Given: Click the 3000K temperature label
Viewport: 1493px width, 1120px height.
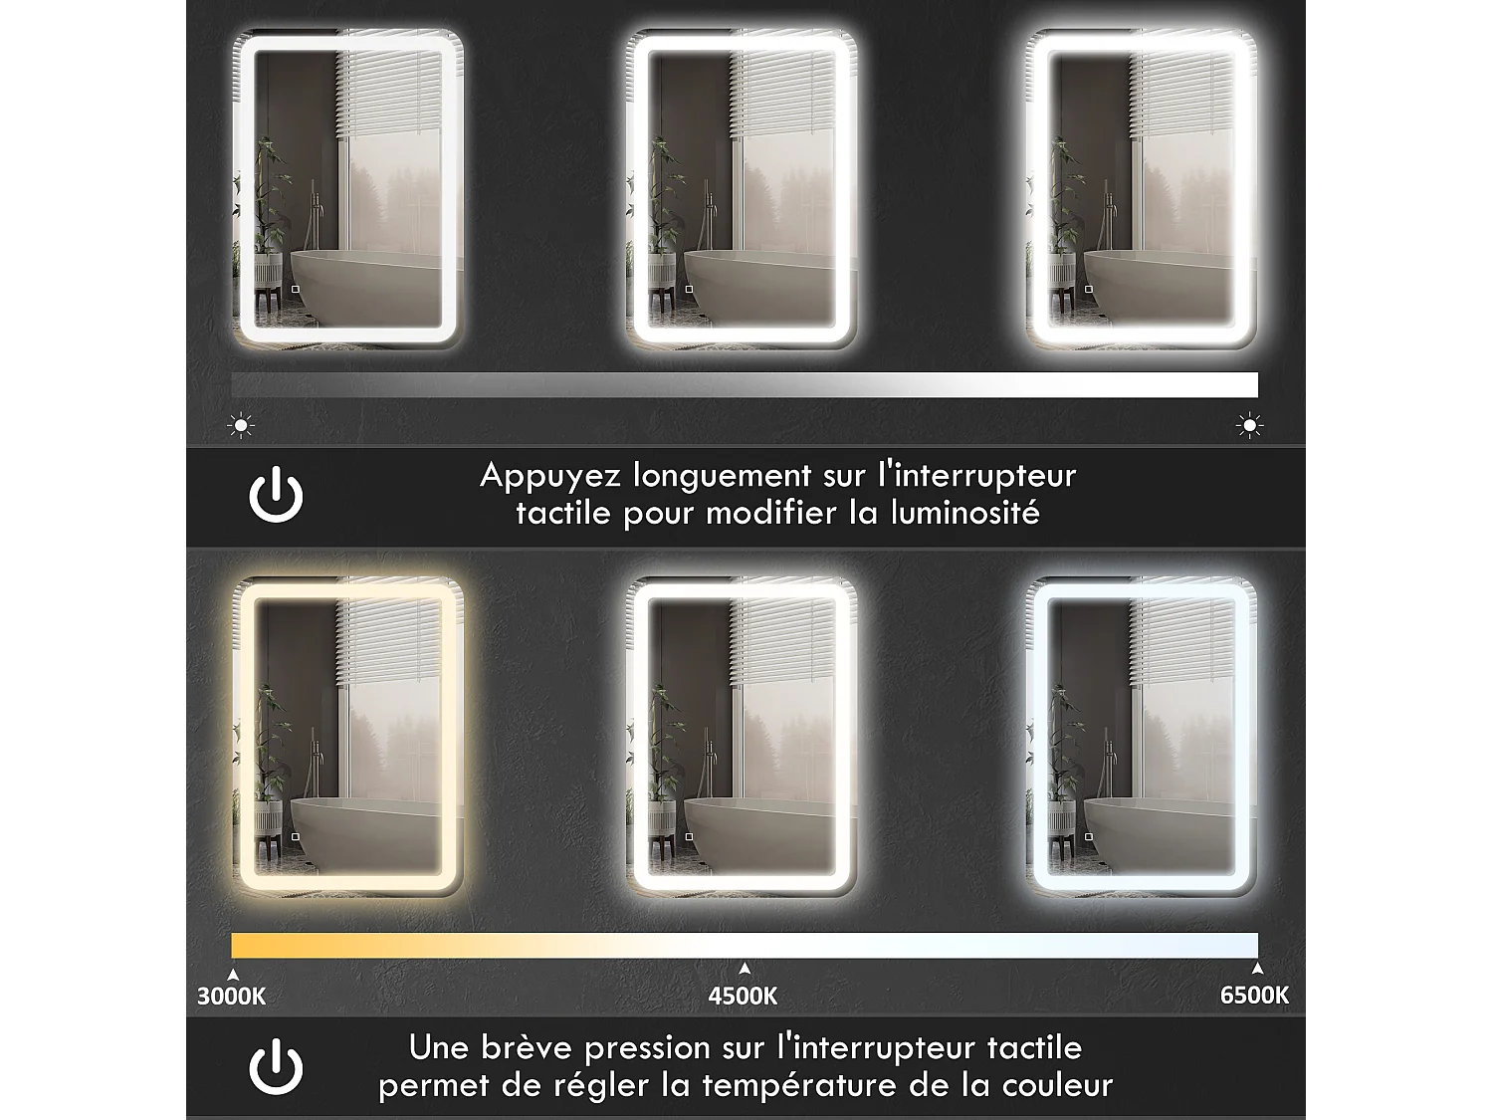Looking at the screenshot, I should point(231,996).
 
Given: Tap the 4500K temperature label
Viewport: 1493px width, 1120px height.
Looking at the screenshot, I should point(743,996).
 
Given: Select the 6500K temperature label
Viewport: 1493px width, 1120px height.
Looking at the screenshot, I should point(1254,995).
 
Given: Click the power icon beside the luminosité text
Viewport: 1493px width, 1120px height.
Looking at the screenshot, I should point(276,496).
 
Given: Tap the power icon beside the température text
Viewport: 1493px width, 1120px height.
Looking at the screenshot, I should point(276,1067).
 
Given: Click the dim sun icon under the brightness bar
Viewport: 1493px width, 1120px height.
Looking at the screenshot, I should point(241,425).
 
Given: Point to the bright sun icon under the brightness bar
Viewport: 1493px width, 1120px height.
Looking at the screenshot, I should point(1249,426).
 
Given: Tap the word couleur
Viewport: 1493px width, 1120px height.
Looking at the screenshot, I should point(1057,1085).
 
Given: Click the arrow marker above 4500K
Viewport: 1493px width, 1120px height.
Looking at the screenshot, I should point(745,969).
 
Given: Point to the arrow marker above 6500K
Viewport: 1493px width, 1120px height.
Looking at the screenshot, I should point(1257,969).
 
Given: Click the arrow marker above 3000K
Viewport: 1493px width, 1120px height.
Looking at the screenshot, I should point(234,976).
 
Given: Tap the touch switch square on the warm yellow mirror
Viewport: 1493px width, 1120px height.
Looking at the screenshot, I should point(295,837).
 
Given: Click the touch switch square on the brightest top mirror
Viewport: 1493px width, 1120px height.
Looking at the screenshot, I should point(1088,290).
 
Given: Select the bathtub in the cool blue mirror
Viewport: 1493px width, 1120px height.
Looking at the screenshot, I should point(1165,821).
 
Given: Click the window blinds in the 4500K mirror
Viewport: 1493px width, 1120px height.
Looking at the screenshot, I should point(781,642).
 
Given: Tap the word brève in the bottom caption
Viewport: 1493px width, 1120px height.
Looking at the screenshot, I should point(529,1048).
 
